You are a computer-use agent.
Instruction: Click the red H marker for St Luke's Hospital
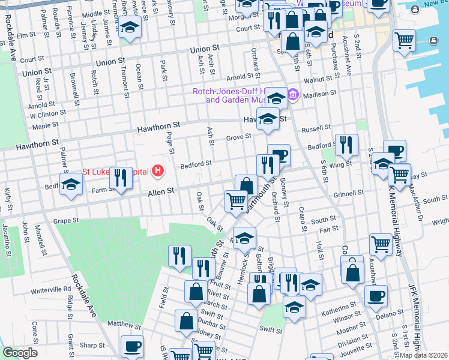(x=158, y=172)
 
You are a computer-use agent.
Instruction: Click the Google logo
(x=20, y=353)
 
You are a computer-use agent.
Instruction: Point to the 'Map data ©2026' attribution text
(x=424, y=355)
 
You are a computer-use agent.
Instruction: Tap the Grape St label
(x=67, y=220)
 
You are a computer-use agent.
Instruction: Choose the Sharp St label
(x=92, y=346)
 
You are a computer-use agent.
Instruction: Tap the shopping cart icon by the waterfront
(x=405, y=41)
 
